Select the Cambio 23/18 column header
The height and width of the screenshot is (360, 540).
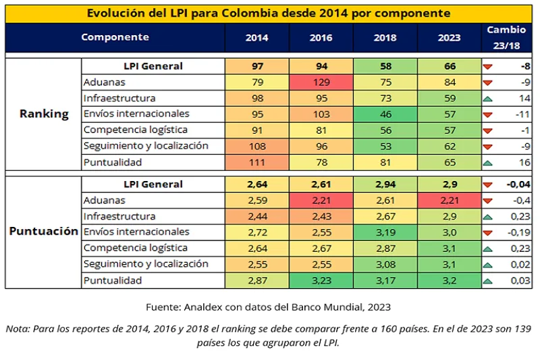506,38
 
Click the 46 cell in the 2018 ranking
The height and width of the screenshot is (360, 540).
385,114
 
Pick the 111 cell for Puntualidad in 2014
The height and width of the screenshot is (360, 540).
257,162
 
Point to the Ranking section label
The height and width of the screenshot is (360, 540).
44,114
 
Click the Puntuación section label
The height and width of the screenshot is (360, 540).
44,232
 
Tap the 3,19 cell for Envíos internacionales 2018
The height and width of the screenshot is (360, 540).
385,232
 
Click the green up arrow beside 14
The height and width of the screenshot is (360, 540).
487,99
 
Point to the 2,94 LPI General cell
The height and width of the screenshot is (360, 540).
385,184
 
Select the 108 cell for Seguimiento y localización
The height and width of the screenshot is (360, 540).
257,146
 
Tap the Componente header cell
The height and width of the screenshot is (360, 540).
115,38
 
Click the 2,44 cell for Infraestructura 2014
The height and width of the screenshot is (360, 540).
257,216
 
